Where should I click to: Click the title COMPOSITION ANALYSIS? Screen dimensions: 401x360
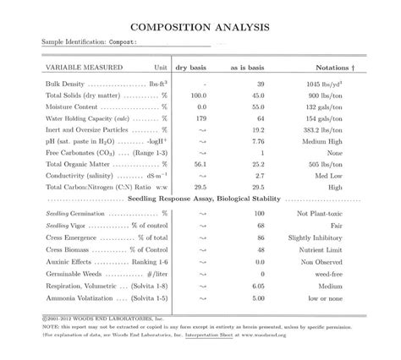coord(200,27)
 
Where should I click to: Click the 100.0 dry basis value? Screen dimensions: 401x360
coord(198,95)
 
